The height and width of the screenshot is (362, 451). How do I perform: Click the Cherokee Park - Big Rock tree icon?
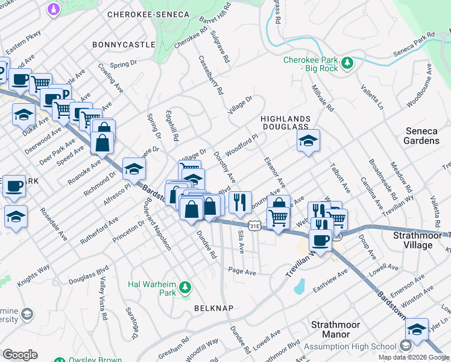(347, 63)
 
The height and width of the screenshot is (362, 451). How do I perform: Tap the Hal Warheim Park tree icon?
(186, 286)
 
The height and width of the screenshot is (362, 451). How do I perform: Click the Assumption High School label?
(350, 346)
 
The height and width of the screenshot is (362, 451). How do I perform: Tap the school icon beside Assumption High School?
(406, 346)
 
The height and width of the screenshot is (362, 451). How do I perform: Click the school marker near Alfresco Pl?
(134, 168)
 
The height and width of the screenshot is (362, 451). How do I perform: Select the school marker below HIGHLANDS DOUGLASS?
(308, 141)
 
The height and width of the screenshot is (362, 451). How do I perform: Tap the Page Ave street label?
(242, 272)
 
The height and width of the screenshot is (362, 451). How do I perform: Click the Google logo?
(20, 355)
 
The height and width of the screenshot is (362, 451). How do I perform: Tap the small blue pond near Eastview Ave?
(300, 287)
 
